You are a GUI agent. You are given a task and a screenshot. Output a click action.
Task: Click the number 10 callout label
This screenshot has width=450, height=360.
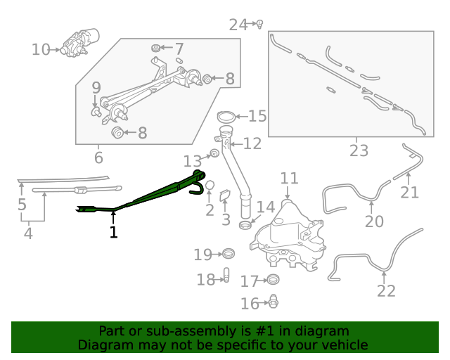point(41,49)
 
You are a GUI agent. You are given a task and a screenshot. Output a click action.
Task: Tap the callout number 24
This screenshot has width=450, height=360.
point(238,25)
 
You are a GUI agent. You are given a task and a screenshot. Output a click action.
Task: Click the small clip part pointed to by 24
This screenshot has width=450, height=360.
point(259,24)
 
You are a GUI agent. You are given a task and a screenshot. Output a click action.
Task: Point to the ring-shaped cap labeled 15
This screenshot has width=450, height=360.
point(226,117)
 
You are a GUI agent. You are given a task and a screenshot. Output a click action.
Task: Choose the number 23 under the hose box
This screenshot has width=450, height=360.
point(359,150)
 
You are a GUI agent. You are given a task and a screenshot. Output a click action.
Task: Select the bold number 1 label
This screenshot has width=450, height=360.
point(113,231)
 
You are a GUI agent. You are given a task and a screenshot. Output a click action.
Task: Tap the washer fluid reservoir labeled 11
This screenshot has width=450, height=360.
point(288,232)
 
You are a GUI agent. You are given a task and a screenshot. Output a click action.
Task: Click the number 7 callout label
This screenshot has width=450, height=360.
point(179,49)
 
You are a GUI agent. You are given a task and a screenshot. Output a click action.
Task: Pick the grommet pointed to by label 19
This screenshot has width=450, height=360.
point(228,254)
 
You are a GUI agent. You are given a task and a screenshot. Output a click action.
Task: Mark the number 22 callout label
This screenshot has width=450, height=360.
point(386,290)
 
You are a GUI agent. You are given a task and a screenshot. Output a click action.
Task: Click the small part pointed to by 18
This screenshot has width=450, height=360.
point(226,276)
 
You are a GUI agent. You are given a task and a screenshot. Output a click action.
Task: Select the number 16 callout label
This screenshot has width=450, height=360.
point(250,304)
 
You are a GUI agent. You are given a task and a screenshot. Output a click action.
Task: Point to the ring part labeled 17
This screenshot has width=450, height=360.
point(274,281)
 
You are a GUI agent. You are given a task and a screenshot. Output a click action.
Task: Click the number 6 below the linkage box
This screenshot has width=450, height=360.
point(98,158)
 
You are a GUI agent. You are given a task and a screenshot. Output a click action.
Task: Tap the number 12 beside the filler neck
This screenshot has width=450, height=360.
point(252,143)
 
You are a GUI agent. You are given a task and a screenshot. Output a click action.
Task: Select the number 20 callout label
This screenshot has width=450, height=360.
point(374,221)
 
